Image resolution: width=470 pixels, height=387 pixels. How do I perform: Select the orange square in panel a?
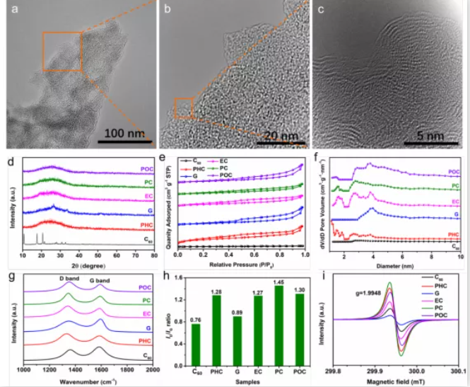pos(63,52)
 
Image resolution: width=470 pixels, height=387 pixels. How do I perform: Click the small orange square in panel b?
pos(184,108)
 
